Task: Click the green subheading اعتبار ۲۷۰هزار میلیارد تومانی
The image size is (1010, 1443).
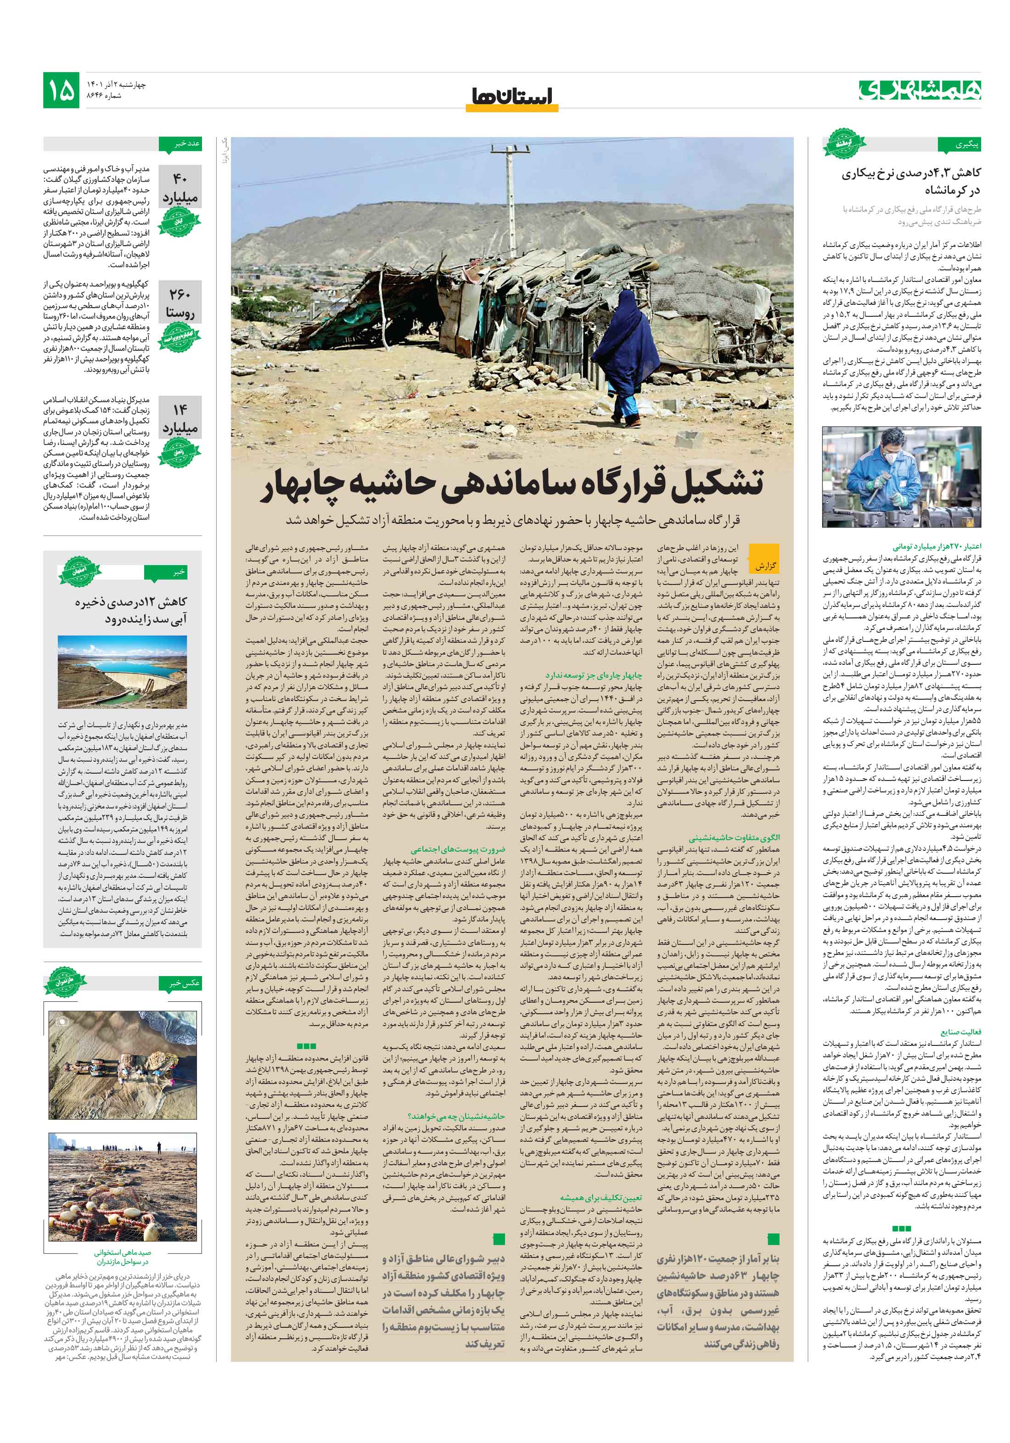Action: pos(937,547)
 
